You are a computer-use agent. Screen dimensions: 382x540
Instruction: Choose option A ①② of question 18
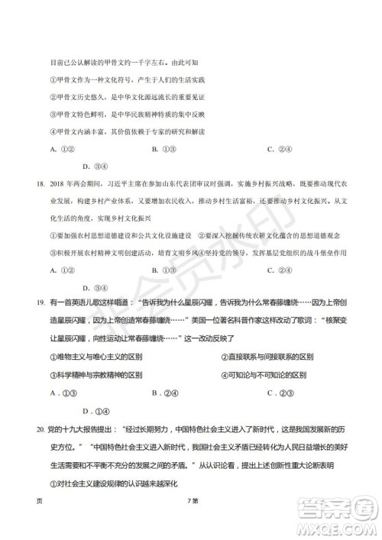pos(60,270)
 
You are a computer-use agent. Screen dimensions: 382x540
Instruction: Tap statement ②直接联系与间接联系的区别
pos(267,357)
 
